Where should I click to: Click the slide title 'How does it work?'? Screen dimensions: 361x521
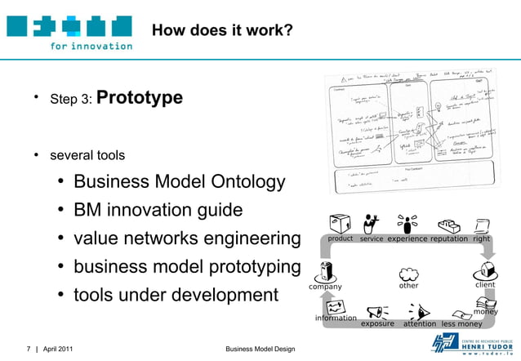(x=222, y=32)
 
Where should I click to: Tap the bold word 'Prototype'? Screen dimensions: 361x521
(x=140, y=99)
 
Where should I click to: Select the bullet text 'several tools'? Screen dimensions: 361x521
(x=87, y=155)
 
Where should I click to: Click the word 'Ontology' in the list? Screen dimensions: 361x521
(x=246, y=182)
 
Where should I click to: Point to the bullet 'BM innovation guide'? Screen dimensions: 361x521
(x=158, y=211)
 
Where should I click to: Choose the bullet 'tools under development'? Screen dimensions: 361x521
(x=176, y=295)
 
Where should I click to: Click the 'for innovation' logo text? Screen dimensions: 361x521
(x=91, y=46)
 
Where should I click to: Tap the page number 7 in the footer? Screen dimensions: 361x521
(x=28, y=350)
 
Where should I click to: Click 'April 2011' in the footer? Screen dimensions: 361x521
(x=58, y=350)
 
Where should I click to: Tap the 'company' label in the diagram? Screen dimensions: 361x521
(x=325, y=287)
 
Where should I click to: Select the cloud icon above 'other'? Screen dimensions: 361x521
(x=408, y=274)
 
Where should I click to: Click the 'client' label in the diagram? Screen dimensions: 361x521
(x=485, y=286)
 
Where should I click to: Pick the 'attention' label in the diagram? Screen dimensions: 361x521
(x=420, y=323)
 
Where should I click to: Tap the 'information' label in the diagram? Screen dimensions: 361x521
(x=336, y=318)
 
